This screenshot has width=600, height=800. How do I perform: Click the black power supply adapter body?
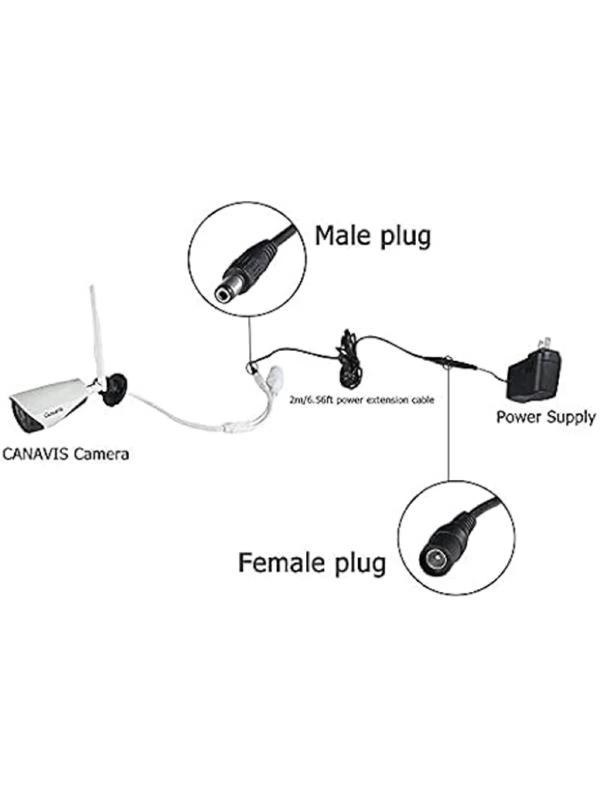tap(534, 377)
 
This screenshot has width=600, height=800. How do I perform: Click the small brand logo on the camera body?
tap(53, 414)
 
